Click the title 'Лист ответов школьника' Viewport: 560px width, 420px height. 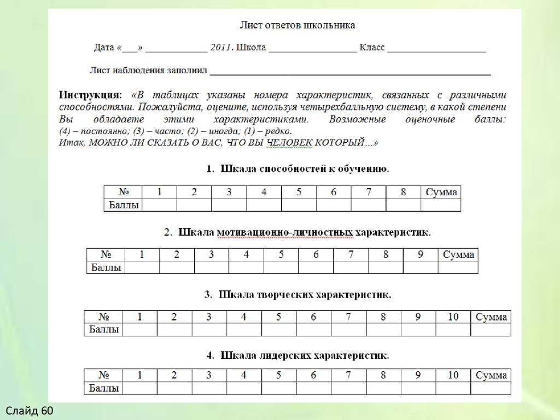point(297,25)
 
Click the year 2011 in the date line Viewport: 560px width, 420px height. point(221,48)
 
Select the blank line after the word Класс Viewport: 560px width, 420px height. point(436,49)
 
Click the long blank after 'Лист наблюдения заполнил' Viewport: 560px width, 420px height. point(350,71)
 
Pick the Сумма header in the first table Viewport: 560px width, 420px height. point(441,192)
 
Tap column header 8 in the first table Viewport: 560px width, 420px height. point(404,192)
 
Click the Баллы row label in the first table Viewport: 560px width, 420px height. point(123,205)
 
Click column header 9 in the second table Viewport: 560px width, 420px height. point(421,254)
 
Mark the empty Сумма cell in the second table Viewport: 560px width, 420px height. point(458,267)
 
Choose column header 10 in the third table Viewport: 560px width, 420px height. point(453,317)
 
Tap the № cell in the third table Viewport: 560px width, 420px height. point(103,317)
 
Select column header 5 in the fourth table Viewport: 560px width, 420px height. point(279,375)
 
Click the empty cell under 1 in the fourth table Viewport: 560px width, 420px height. point(139,388)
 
